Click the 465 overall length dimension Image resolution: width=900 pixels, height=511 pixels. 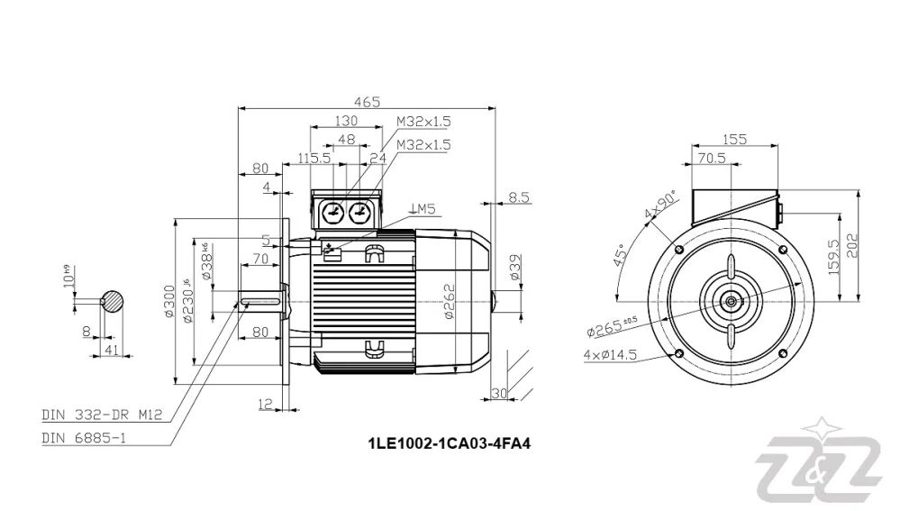(x=366, y=102)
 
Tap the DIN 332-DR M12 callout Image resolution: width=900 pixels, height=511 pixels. (x=102, y=415)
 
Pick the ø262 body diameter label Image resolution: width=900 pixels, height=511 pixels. (x=448, y=302)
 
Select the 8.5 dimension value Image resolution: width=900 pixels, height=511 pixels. (x=519, y=197)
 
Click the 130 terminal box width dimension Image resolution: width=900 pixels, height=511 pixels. (x=345, y=121)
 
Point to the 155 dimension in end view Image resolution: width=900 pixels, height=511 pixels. (x=735, y=139)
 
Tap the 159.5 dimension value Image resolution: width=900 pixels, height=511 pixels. (x=833, y=256)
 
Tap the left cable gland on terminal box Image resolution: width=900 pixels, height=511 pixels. (x=333, y=213)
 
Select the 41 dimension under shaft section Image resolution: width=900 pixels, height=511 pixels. (x=113, y=349)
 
